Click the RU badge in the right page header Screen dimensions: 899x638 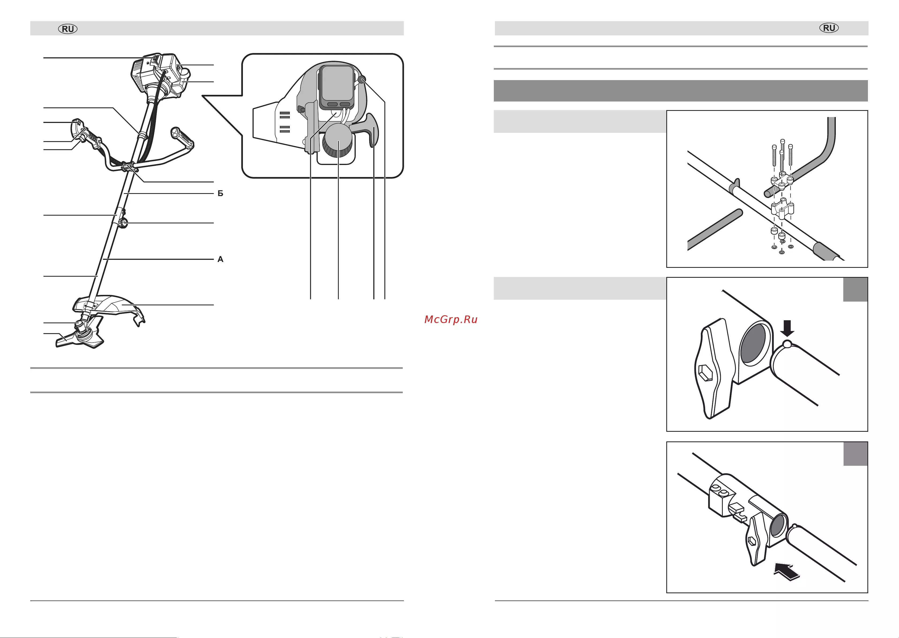(829, 28)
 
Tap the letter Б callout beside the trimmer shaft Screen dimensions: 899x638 (220, 193)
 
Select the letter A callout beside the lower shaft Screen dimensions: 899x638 (220, 259)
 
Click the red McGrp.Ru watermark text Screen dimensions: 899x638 (451, 319)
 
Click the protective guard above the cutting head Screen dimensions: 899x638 (110, 308)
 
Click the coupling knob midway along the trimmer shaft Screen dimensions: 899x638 (123, 224)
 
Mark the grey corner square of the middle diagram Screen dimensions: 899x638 (855, 290)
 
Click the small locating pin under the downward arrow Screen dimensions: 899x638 (787, 344)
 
